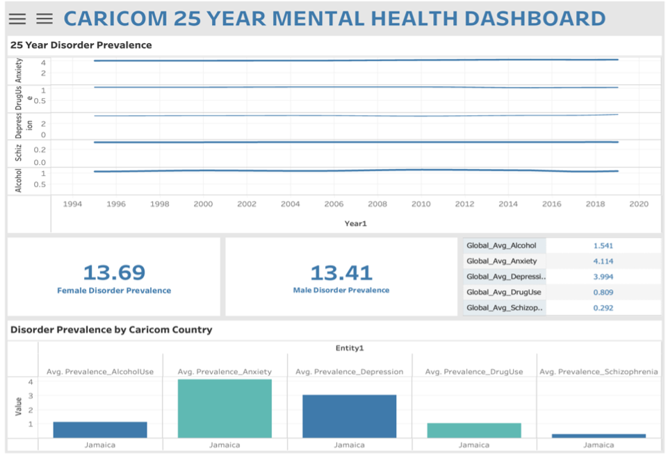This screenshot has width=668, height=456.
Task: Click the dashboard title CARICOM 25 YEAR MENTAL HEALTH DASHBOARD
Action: pos(334,19)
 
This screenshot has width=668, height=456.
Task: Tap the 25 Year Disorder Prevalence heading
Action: pos(81,45)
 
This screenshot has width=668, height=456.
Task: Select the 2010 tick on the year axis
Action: pos(421,204)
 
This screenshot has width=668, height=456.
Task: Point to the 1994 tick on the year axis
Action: pos(72,204)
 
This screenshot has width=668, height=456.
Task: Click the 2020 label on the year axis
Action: pos(638,204)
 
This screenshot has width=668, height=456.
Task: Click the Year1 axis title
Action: pos(355,223)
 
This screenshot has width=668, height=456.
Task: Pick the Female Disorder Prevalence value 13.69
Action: pos(114,272)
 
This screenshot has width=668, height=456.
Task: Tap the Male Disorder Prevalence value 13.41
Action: pos(341,272)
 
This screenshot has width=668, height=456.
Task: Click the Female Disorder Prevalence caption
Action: pos(114,291)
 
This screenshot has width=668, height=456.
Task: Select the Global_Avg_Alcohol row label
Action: pos(501,245)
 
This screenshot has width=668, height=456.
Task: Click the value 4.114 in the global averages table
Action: pos(603,261)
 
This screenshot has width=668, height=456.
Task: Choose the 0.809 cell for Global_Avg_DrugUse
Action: pos(603,292)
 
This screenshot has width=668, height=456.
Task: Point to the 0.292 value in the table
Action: pos(603,307)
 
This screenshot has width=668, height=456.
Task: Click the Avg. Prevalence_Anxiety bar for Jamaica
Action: pos(225,409)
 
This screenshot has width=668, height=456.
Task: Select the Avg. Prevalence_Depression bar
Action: pos(349,416)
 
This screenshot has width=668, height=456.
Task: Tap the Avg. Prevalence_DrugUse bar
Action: pos(474,430)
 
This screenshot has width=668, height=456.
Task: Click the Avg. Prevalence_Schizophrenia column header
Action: pos(598,372)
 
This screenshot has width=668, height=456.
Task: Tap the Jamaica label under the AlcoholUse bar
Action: pos(100,445)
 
